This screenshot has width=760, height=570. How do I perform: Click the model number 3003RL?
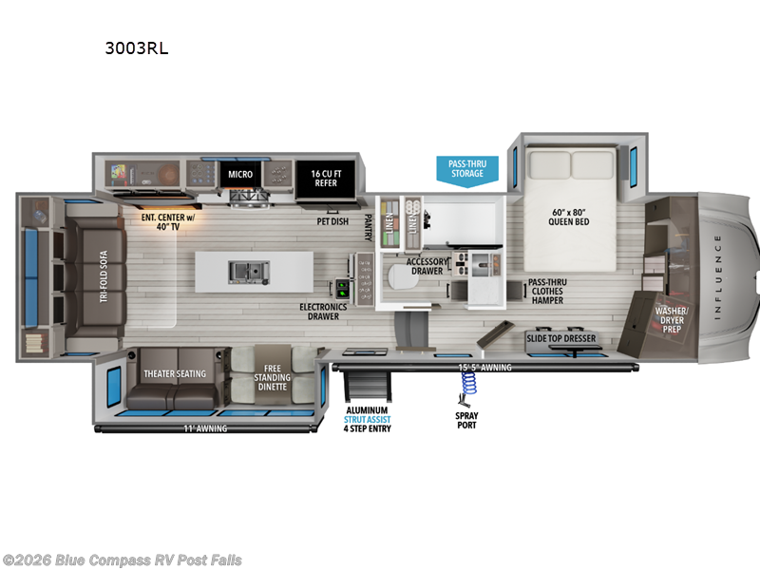pyautogui.click(x=137, y=48)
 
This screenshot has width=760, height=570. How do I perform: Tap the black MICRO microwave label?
pyautogui.click(x=239, y=175)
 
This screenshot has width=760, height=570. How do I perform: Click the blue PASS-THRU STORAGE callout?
pyautogui.click(x=466, y=168)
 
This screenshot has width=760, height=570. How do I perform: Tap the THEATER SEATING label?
pyautogui.click(x=174, y=373)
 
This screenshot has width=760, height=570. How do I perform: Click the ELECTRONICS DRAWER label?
pyautogui.click(x=323, y=312)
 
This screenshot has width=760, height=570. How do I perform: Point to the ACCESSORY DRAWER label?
pyautogui.click(x=427, y=265)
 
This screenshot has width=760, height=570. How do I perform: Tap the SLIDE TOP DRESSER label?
pyautogui.click(x=561, y=338)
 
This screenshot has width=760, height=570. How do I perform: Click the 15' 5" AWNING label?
pyautogui.click(x=485, y=367)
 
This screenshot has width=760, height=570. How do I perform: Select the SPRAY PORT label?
pyautogui.click(x=466, y=420)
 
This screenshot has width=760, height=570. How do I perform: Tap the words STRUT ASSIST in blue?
pyautogui.click(x=367, y=418)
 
